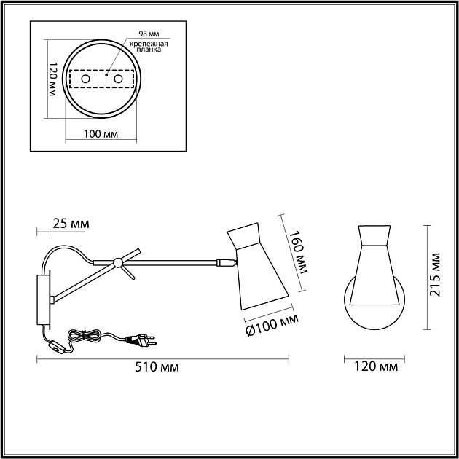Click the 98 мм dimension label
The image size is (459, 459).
coord(149,34)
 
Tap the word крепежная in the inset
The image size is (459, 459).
coord(149,44)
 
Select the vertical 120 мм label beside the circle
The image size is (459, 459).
coord(52,79)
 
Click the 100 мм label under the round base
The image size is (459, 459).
coord(101,134)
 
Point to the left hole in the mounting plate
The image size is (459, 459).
coord(85,79)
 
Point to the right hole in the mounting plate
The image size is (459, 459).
coord(118,79)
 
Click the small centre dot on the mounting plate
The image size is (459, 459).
coord(106,74)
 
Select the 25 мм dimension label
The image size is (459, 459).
coord(71,224)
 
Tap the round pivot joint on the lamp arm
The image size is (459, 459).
coord(118,263)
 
